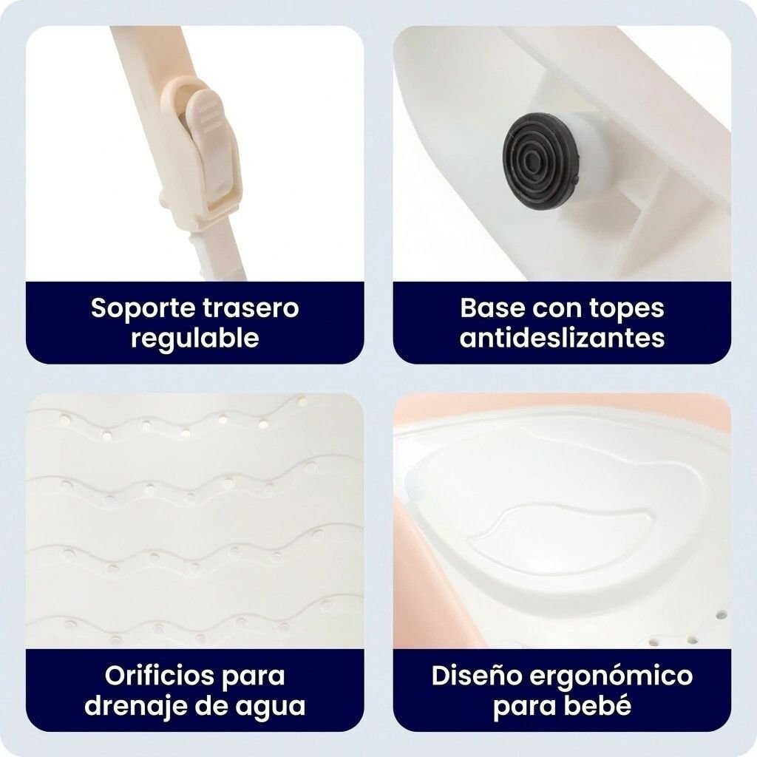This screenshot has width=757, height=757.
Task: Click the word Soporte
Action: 143,308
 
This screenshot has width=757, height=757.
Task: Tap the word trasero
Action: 251,308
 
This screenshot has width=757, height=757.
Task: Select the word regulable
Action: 195,338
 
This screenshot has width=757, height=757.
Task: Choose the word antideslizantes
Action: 562,337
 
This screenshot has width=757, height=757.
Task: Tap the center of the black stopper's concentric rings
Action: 532,157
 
